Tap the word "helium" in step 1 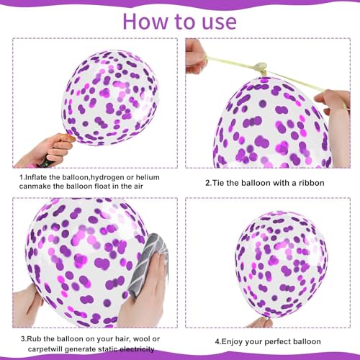click(x=146, y=176)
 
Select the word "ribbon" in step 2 click(x=310, y=183)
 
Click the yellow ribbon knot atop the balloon click(x=261, y=69)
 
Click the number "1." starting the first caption click(x=23, y=176)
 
